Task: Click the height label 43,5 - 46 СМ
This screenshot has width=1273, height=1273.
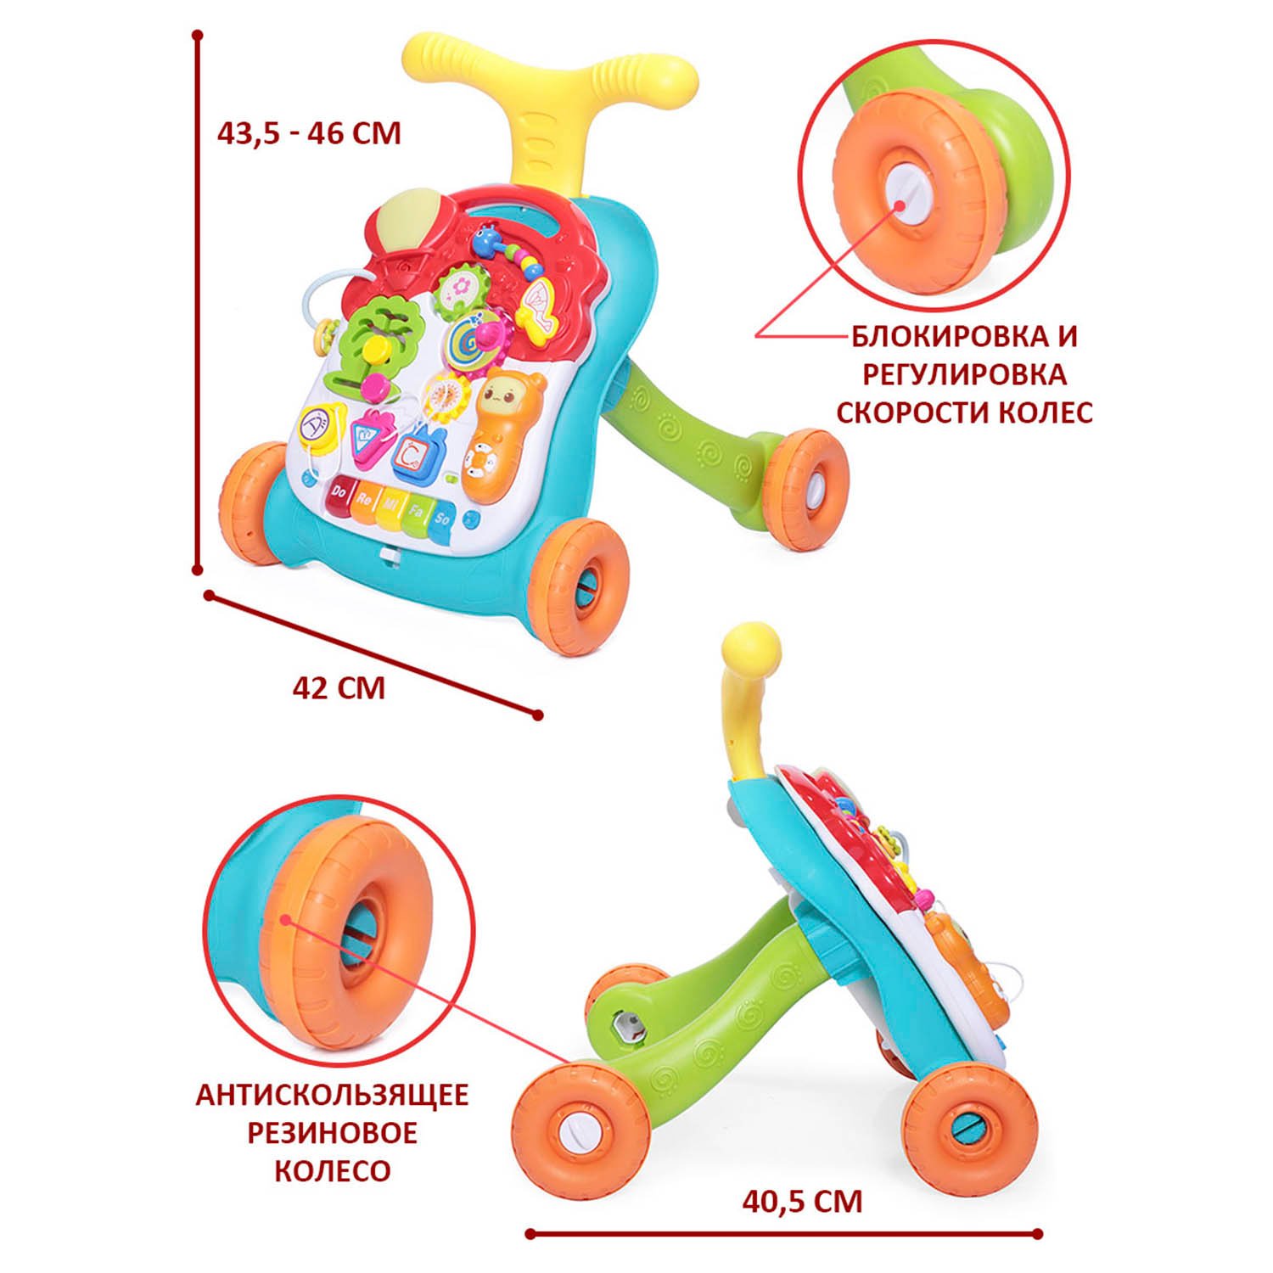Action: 309,134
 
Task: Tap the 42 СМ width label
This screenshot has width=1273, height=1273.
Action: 339,687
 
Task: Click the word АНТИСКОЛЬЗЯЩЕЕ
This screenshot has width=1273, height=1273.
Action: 332,1095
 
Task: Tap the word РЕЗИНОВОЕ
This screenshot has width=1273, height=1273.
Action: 332,1133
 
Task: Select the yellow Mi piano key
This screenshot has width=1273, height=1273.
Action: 391,508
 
